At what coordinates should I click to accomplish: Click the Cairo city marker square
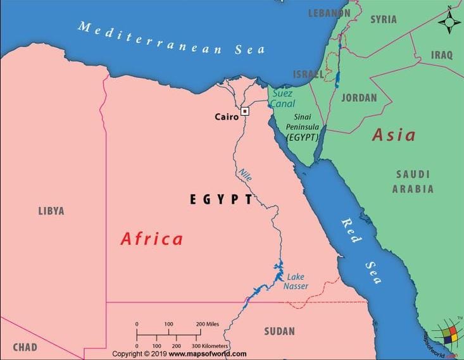(x=245, y=111)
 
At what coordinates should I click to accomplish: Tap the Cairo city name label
(x=227, y=116)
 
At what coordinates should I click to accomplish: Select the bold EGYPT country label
(x=222, y=199)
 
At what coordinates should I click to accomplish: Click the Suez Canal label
(x=282, y=98)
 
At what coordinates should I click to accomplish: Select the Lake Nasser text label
(x=298, y=282)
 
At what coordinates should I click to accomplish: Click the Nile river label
(x=245, y=175)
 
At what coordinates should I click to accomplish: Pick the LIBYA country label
(x=51, y=211)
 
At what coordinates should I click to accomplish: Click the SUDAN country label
(x=279, y=331)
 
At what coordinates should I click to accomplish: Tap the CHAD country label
(x=25, y=347)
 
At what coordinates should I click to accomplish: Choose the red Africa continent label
(x=152, y=239)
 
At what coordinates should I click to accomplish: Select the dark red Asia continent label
(x=394, y=135)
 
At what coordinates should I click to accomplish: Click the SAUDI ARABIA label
(x=413, y=181)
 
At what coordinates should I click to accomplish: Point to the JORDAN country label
(x=359, y=98)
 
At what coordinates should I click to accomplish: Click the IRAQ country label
(x=442, y=55)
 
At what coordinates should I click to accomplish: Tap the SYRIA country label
(x=383, y=19)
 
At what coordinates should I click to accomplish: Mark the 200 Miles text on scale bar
(x=208, y=324)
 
